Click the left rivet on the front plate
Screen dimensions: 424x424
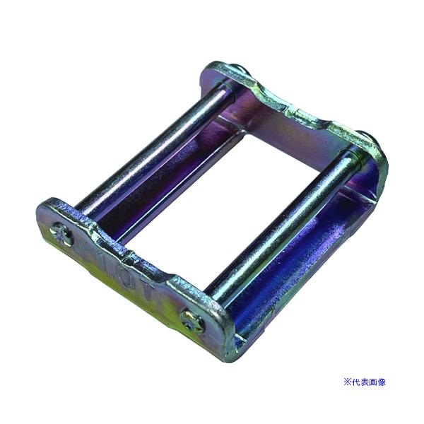[63, 235]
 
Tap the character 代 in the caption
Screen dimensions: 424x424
[355, 382]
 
